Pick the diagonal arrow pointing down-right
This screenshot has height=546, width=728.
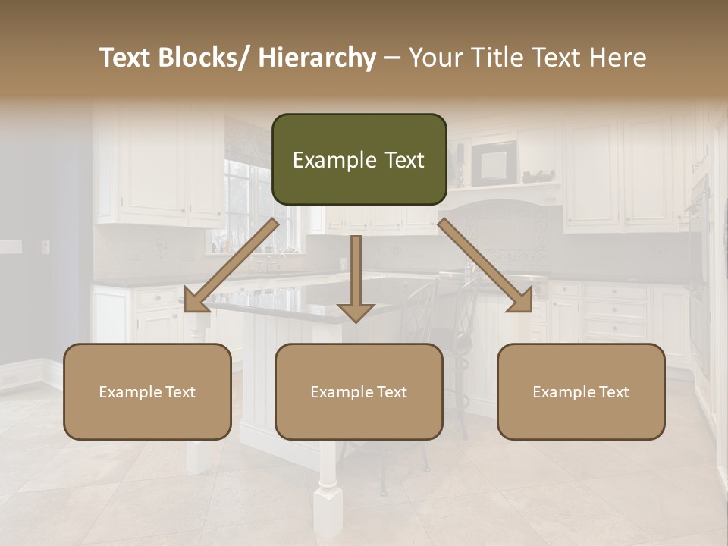[x=485, y=265]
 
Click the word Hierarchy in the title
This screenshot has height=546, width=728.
[x=317, y=58]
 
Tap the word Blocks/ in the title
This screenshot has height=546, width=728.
[x=203, y=58]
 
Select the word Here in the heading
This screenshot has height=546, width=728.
[x=616, y=58]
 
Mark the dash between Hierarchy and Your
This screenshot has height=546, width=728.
[x=392, y=58]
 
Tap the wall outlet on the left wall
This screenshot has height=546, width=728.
[x=45, y=246]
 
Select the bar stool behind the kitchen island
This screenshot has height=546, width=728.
[x=447, y=318]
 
